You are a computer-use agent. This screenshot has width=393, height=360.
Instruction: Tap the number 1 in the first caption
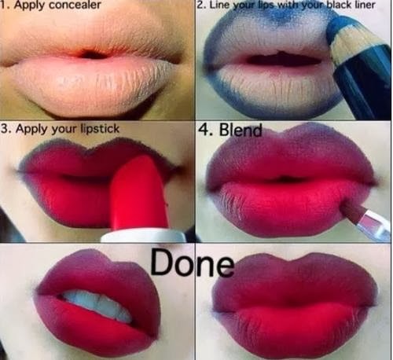[5, 6]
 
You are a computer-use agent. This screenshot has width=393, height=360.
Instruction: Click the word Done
[192, 263]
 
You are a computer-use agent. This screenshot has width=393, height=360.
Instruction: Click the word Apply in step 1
[28, 6]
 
